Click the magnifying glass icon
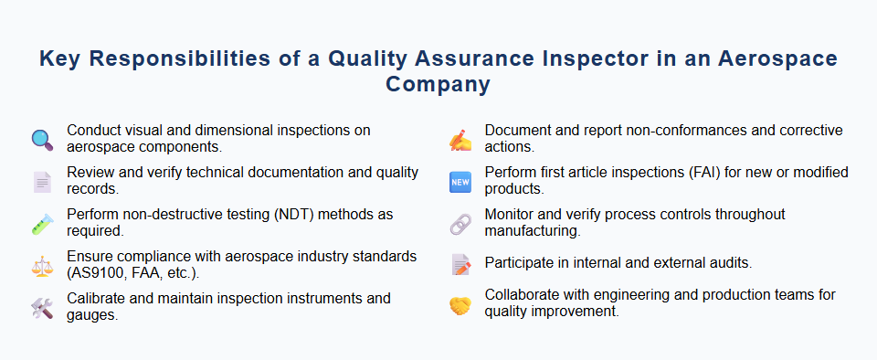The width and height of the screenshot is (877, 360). coord(42,139)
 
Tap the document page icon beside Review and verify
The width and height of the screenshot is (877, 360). coord(42,182)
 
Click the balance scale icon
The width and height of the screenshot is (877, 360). coord(42,266)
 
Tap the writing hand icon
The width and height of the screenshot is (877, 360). coord(460,139)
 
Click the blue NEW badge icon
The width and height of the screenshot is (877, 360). coord(460,182)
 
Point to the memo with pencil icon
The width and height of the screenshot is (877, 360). coord(460,264)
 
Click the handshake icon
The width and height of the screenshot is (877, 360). coord(460,305)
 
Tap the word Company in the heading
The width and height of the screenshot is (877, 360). coord(438,85)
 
